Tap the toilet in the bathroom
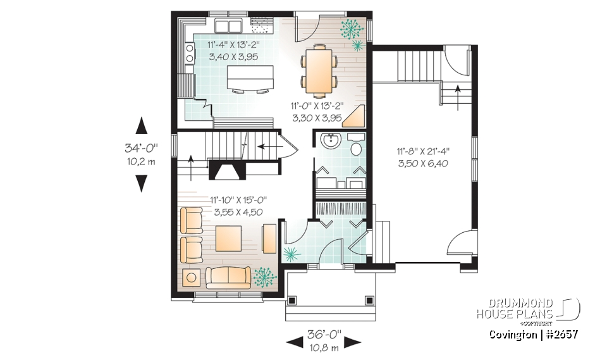(356, 148)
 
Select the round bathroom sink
(329, 140)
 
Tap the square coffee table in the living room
(229, 240)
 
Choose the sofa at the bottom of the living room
(228, 277)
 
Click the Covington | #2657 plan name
(533, 334)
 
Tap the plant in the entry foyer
(291, 255)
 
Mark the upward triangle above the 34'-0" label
(142, 125)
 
